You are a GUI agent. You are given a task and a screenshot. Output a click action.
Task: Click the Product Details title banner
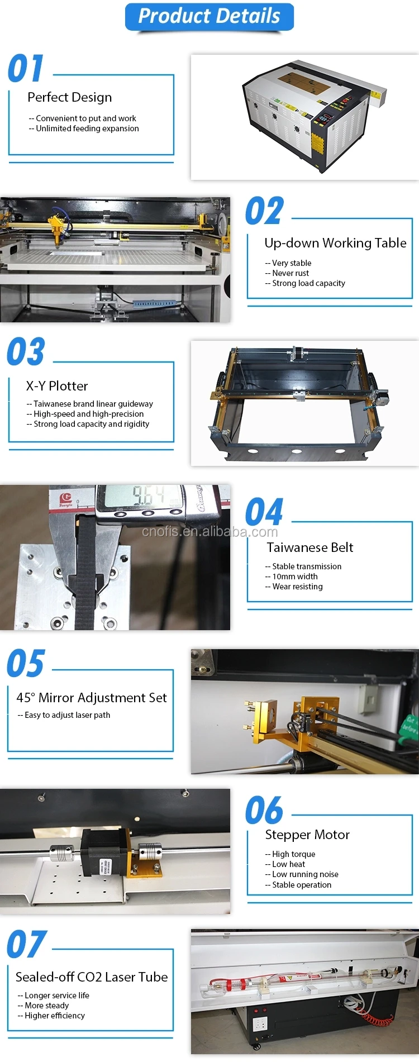point(209,16)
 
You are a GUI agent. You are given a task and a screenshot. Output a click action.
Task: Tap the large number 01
point(26,69)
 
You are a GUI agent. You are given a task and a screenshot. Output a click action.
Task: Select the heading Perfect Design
point(69,97)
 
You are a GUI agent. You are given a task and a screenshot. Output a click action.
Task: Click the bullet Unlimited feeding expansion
point(84,128)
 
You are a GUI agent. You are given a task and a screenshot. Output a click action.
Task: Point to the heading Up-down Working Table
point(335,243)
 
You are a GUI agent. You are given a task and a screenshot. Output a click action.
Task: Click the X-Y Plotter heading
point(57,386)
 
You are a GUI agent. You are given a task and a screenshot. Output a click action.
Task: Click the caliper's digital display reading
point(147,496)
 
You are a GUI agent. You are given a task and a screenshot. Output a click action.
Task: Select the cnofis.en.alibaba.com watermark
point(209,531)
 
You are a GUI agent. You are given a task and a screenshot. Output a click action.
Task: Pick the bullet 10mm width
point(292,577)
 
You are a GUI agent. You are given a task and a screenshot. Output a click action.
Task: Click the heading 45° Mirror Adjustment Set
point(92,698)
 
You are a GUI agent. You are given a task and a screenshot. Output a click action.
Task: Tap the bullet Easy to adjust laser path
point(64,715)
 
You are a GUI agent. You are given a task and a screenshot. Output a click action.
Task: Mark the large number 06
point(264,811)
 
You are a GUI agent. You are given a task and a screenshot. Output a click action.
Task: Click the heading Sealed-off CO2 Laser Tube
point(92,977)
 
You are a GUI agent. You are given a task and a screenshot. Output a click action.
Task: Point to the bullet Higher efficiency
point(51,1016)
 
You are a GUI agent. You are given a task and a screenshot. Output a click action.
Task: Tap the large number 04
point(264,512)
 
